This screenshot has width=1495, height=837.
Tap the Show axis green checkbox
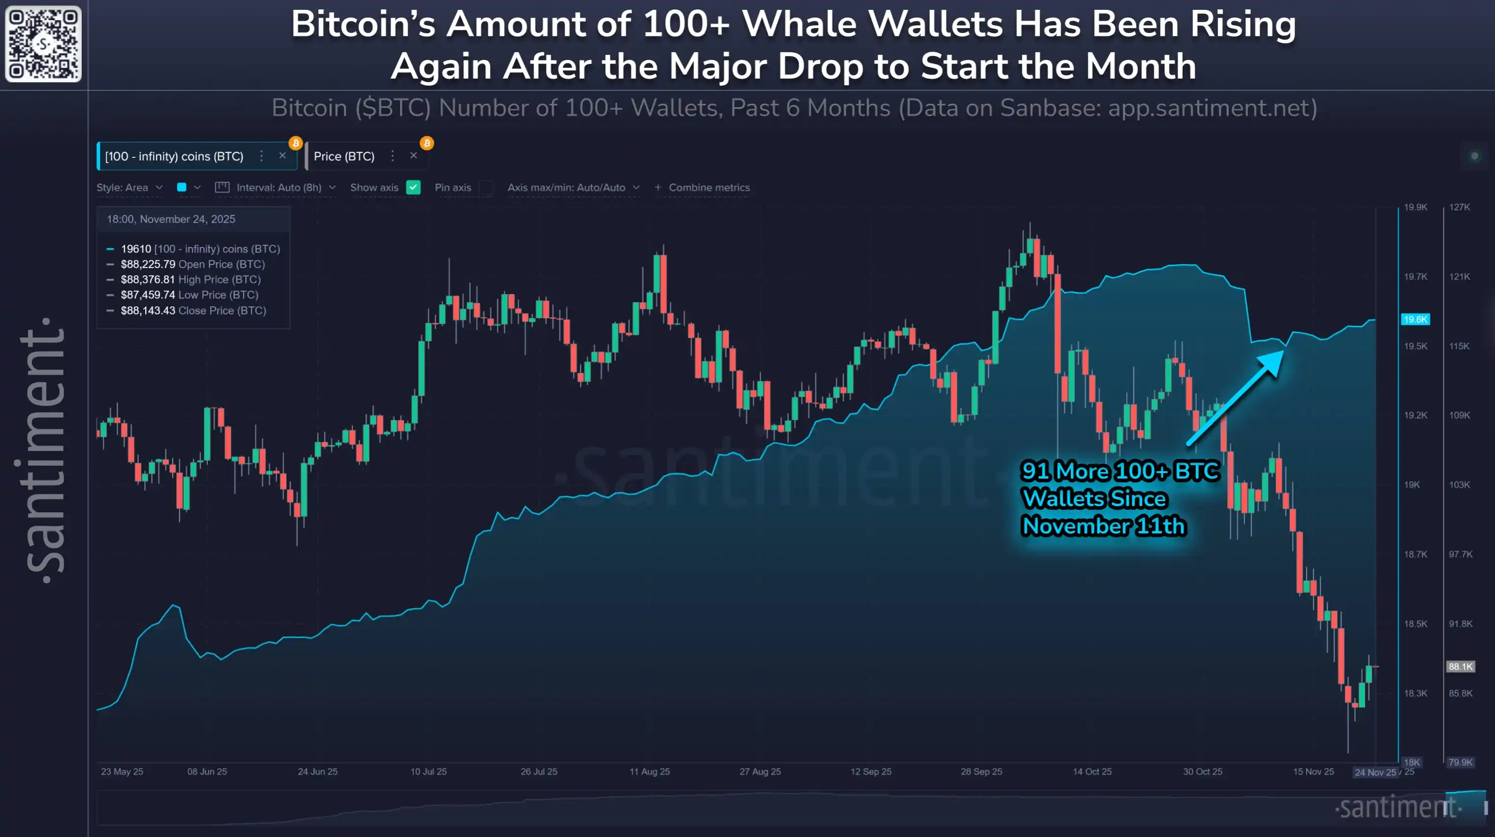tap(413, 187)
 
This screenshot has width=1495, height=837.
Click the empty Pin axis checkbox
tap(487, 187)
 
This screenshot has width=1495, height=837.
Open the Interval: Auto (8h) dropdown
tap(278, 187)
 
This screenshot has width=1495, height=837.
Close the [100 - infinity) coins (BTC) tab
tap(282, 156)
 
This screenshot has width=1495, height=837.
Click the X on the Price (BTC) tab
tap(413, 156)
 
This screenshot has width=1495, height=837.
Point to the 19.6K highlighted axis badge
tap(1415, 320)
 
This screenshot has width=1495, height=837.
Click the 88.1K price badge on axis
tap(1460, 666)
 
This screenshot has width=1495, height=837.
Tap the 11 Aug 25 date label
tap(649, 772)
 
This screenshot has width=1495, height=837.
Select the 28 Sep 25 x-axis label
tap(981, 772)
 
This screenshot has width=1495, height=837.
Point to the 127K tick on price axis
tap(1459, 207)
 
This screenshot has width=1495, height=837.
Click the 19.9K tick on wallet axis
tap(1415, 207)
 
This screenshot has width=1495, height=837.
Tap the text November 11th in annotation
tap(1102, 526)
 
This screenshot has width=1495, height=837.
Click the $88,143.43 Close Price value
tap(148, 310)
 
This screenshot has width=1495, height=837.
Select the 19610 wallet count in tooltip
tap(136, 249)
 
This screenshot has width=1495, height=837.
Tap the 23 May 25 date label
tap(122, 772)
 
